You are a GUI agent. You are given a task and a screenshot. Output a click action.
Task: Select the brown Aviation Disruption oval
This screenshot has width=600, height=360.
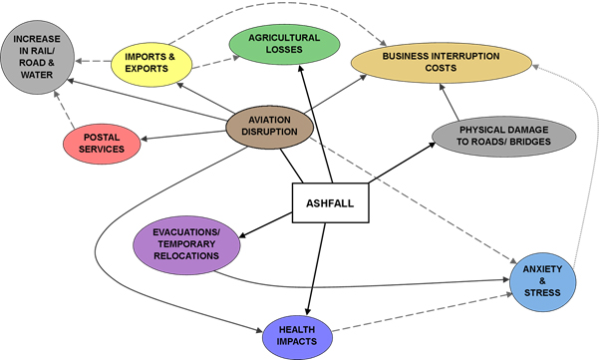click(269, 126)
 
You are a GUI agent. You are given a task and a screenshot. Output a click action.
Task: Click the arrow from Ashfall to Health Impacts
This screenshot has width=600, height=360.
click(316, 269)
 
